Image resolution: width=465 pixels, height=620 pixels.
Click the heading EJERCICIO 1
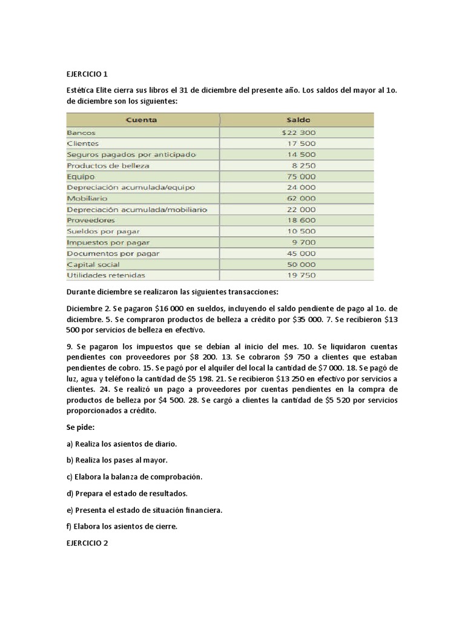[x=87, y=74]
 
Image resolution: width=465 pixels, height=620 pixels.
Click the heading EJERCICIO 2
[x=87, y=543]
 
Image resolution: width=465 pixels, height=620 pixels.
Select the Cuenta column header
[x=141, y=120]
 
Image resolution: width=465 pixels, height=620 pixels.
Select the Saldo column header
[x=298, y=120]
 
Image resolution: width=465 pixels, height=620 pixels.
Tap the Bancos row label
[x=81, y=132]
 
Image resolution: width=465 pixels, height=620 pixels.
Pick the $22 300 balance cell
[x=298, y=132]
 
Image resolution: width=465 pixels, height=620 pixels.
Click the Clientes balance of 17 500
[x=301, y=143]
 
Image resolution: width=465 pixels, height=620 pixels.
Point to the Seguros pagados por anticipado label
[x=131, y=154]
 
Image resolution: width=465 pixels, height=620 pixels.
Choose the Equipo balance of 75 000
[x=301, y=176]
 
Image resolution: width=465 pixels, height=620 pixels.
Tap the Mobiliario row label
[x=88, y=198]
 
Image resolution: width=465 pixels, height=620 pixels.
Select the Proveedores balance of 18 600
[x=301, y=220]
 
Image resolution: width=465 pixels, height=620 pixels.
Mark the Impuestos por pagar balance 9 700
[x=303, y=242]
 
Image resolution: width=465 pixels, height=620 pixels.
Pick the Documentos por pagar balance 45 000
[x=301, y=253]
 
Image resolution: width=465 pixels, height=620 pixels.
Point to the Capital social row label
[x=93, y=265]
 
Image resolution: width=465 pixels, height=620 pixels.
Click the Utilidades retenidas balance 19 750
[x=301, y=275]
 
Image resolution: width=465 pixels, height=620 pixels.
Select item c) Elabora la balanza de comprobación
[x=134, y=477]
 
